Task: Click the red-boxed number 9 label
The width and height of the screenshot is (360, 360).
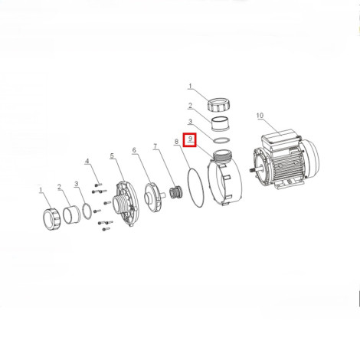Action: [x=190, y=139]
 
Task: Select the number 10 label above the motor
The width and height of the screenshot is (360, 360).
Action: [x=260, y=116]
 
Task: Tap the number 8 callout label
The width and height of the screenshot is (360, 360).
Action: [x=176, y=142]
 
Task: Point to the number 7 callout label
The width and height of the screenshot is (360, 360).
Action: [x=155, y=146]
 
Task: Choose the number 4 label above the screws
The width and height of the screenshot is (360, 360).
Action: [x=87, y=161]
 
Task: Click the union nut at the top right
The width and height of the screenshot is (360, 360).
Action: [x=216, y=104]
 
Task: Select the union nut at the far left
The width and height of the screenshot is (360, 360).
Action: [x=52, y=219]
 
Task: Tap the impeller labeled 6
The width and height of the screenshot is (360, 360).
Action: [x=152, y=198]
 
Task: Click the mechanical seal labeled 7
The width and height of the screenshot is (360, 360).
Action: [x=175, y=192]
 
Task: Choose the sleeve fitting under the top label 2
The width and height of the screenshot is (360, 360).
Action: [x=221, y=124]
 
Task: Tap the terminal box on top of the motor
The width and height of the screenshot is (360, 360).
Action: [x=280, y=139]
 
